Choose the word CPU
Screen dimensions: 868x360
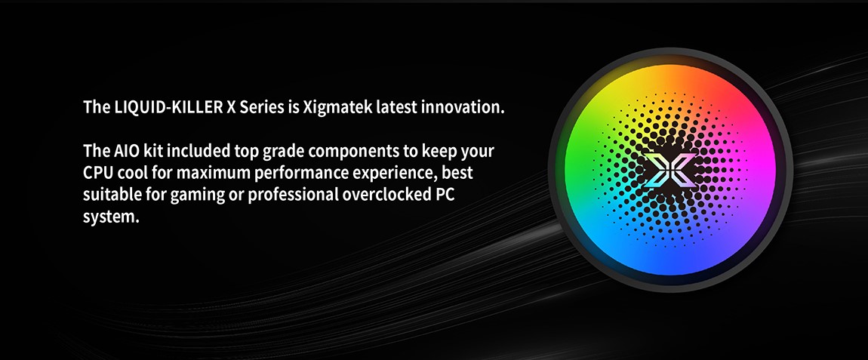click(97, 173)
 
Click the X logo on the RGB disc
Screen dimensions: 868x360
click(669, 170)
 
